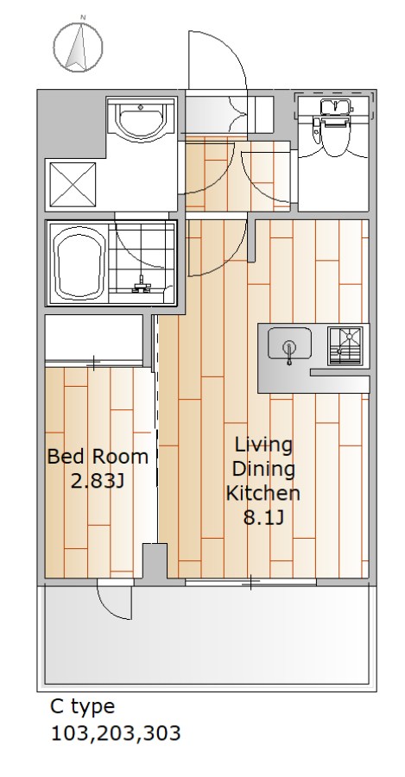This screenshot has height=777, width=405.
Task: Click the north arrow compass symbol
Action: (x=78, y=47)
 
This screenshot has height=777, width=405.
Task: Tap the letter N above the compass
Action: (x=83, y=17)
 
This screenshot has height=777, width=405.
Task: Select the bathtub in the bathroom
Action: (x=81, y=262)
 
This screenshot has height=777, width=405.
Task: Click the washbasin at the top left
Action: (x=141, y=118)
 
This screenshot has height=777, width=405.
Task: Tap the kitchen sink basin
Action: (x=290, y=343)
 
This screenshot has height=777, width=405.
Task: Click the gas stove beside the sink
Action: (x=348, y=346)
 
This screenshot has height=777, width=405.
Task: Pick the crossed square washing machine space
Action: (x=73, y=185)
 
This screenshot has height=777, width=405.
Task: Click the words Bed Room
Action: (x=98, y=457)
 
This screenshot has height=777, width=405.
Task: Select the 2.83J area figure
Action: (x=97, y=481)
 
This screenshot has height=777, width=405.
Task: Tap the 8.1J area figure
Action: (x=263, y=517)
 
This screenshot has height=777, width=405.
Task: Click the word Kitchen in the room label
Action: (x=263, y=493)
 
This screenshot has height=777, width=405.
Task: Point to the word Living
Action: (x=263, y=445)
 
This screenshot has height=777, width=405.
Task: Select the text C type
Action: (x=82, y=706)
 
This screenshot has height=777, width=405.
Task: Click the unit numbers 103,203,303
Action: (x=116, y=733)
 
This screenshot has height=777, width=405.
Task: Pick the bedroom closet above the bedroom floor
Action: (x=94, y=339)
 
